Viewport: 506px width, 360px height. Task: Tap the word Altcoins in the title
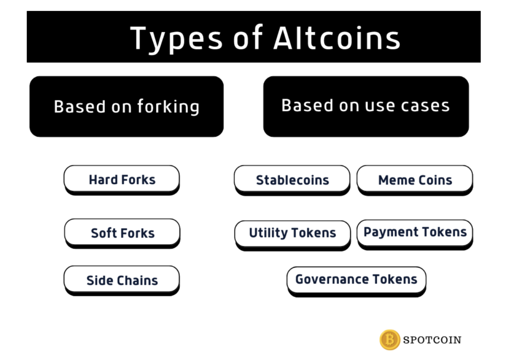(337, 38)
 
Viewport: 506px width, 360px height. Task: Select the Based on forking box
(126, 107)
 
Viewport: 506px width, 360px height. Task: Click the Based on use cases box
(366, 107)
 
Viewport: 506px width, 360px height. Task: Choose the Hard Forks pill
(122, 180)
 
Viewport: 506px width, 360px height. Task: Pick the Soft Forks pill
(123, 234)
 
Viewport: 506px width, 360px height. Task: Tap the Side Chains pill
(122, 280)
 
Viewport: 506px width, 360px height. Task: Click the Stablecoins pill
(293, 180)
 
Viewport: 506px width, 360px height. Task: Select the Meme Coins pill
(415, 180)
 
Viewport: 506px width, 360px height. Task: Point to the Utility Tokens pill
(293, 236)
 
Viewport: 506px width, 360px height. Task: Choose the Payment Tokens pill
(415, 235)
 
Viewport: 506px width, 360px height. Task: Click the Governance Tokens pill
(357, 281)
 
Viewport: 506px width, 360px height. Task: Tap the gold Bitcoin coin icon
(390, 340)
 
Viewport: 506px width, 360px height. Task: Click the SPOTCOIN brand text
(432, 340)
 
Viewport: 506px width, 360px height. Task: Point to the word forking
(168, 107)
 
